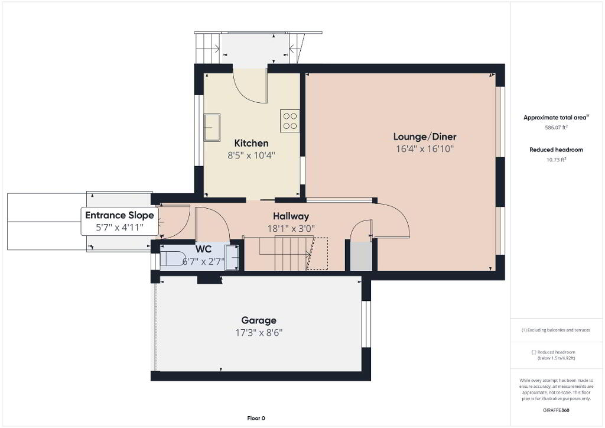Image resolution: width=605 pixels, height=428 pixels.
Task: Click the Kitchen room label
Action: pyautogui.click(x=251, y=143)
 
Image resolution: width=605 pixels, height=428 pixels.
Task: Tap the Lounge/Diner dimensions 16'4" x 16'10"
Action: pyautogui.click(x=424, y=148)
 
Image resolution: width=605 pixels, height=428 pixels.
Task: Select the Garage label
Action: pyautogui.click(x=259, y=320)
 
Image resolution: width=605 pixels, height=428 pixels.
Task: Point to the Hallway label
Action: pyautogui.click(x=291, y=216)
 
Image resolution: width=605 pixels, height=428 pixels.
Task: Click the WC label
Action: pyautogui.click(x=203, y=248)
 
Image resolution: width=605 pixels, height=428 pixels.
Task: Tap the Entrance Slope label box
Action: pyautogui.click(x=119, y=221)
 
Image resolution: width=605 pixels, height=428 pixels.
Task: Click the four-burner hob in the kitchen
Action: pyautogui.click(x=290, y=121)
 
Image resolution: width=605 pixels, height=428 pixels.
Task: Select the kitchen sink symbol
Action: pyautogui.click(x=212, y=127)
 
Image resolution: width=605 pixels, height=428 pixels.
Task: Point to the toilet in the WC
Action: pyautogui.click(x=173, y=258)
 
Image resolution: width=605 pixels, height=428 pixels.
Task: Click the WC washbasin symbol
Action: pyautogui.click(x=232, y=257)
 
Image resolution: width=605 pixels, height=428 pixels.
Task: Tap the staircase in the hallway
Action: pyautogui.click(x=285, y=254)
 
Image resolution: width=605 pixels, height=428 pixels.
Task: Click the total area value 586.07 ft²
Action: pyautogui.click(x=556, y=127)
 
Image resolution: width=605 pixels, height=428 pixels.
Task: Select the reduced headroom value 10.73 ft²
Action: pyautogui.click(x=556, y=160)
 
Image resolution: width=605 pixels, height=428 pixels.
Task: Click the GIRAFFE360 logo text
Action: pyautogui.click(x=556, y=410)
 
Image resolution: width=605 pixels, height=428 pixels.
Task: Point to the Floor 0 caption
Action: pyautogui.click(x=256, y=418)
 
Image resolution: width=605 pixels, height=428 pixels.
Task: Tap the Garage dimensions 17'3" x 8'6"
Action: pyautogui.click(x=259, y=333)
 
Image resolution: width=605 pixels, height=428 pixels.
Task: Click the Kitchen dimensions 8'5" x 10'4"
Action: pyautogui.click(x=251, y=155)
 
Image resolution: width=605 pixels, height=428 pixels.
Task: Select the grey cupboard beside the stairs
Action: pyautogui.click(x=361, y=256)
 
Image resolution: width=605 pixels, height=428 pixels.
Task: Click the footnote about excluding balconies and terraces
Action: pyautogui.click(x=555, y=330)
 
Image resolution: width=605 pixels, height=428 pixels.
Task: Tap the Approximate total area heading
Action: pyautogui.click(x=556, y=117)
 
